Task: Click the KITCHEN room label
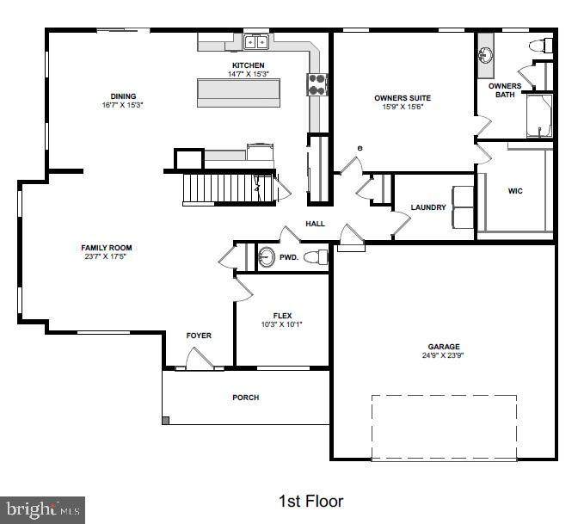tap(248, 65)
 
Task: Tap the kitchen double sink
tap(256, 42)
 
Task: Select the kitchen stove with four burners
tap(317, 84)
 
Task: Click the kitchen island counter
tap(238, 93)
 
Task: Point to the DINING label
tap(123, 96)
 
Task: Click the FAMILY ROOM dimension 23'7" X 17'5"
tap(106, 256)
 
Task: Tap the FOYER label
tap(199, 336)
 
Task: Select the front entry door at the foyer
tap(200, 359)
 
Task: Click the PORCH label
tap(246, 398)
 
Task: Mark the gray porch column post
tap(166, 421)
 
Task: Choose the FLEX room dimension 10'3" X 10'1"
tap(281, 324)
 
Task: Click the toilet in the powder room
tap(316, 257)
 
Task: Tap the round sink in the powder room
tap(267, 257)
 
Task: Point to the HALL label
tap(315, 224)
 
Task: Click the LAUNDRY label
tap(428, 207)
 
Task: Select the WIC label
tap(515, 191)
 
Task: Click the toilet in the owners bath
tap(541, 46)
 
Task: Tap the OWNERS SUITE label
tap(403, 98)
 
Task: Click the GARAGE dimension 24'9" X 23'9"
tap(443, 355)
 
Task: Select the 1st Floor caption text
tap(311, 502)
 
